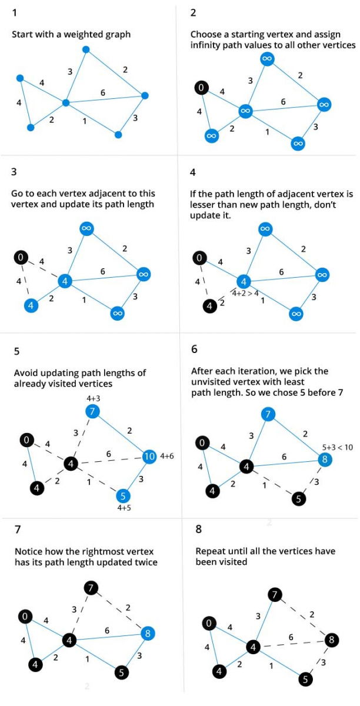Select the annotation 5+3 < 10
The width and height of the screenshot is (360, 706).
335,447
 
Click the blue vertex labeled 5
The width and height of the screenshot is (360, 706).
123,495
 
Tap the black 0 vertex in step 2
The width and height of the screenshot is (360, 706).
201,89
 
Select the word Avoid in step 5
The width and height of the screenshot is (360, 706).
23,373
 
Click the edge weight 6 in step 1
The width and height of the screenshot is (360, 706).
103,93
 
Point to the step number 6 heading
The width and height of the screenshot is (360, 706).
195,349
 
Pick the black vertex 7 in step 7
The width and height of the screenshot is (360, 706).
90,588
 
